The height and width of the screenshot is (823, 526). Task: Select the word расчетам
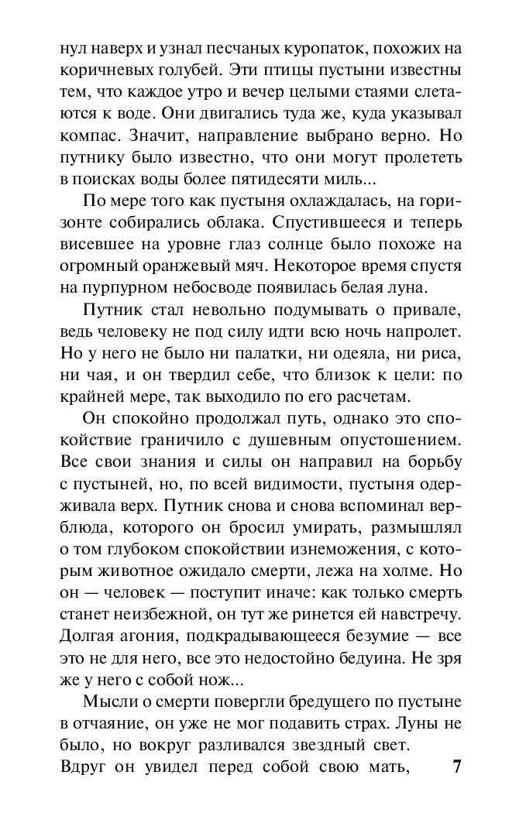[x=362, y=397]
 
